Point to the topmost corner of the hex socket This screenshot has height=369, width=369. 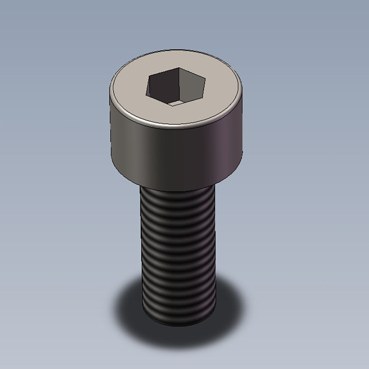click(179, 68)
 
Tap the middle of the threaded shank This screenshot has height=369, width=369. click(178, 255)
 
